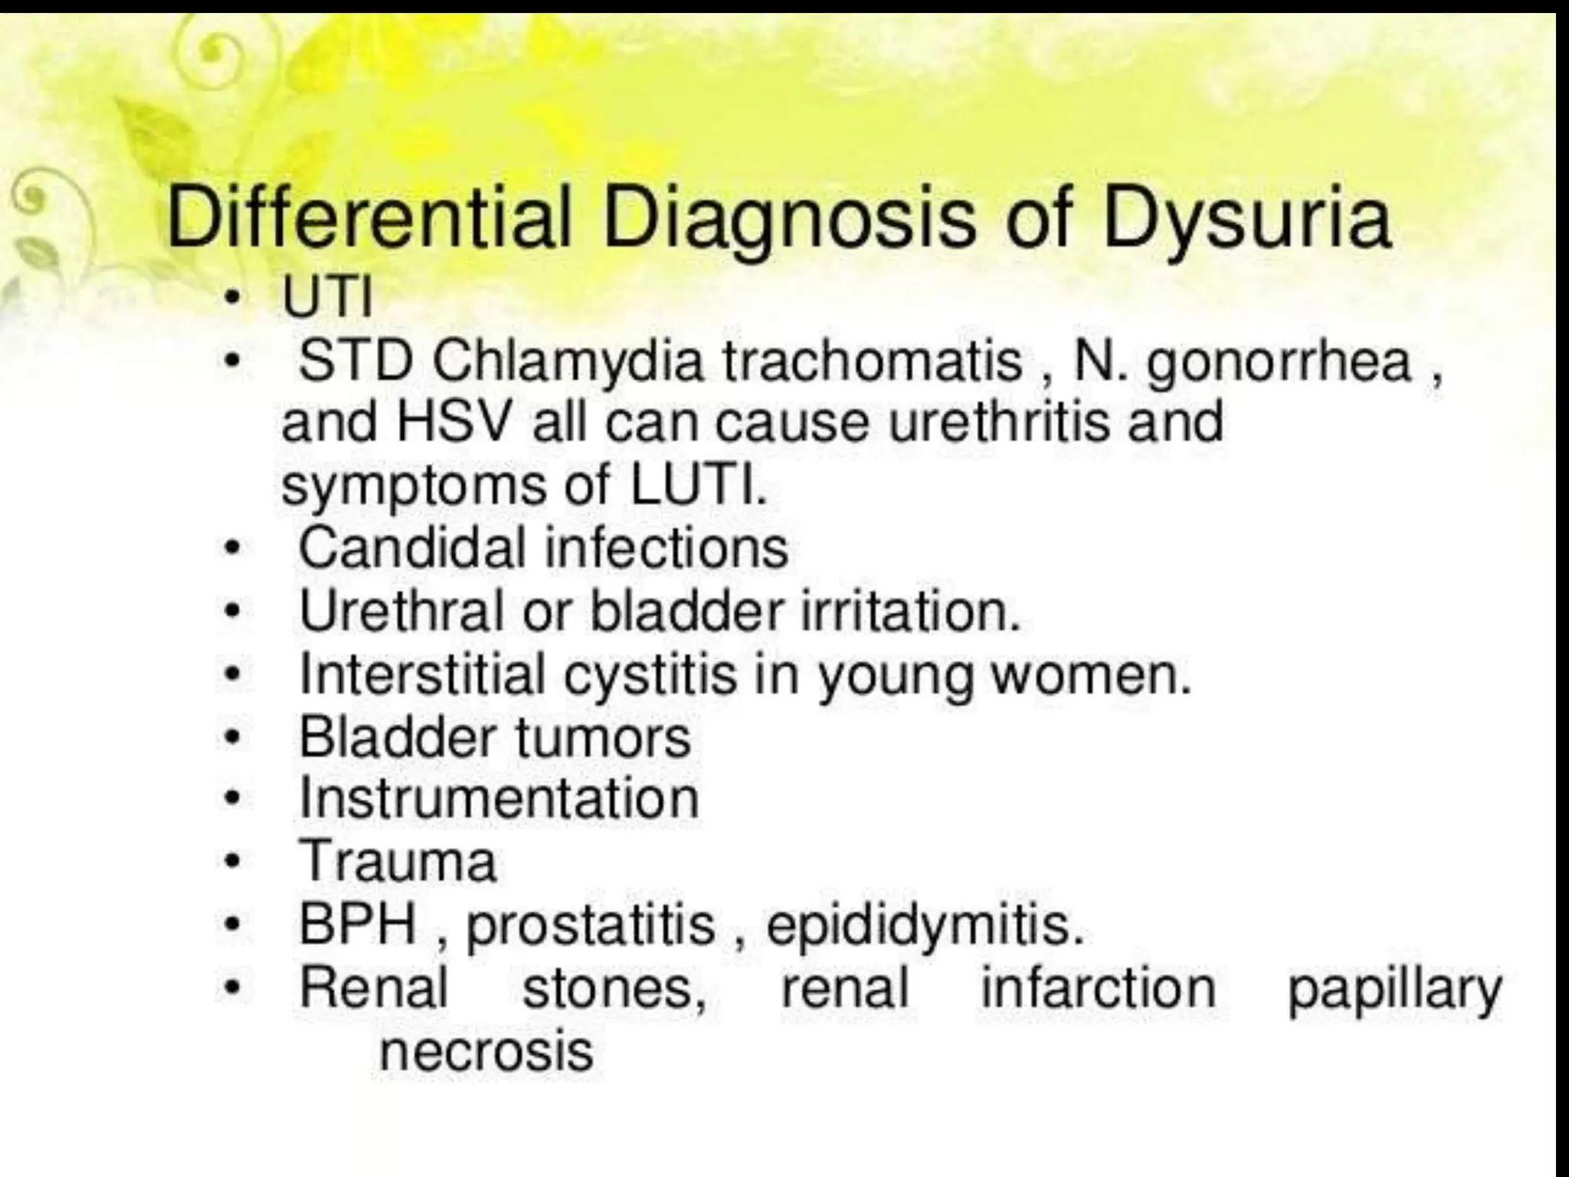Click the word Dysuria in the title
click(x=1246, y=221)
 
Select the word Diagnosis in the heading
click(x=789, y=221)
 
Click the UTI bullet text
click(x=327, y=297)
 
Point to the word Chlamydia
click(x=568, y=362)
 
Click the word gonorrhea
click(x=1279, y=362)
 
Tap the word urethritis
click(x=999, y=422)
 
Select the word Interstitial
click(x=422, y=674)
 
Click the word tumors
click(x=603, y=737)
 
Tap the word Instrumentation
click(x=499, y=799)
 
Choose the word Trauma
click(x=398, y=862)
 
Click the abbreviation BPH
click(x=357, y=925)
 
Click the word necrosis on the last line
click(x=486, y=1051)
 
